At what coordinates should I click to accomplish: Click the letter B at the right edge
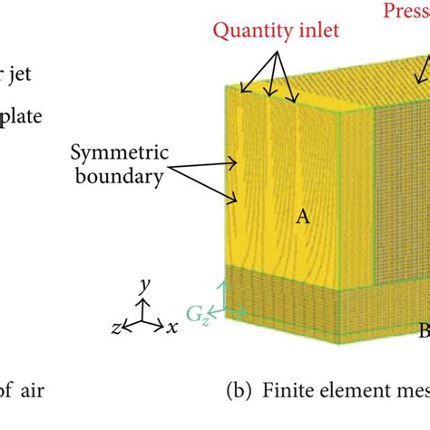422,328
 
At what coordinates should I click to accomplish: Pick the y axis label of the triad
143,286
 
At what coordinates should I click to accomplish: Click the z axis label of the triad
114,326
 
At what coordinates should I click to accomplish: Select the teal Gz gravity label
197,318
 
